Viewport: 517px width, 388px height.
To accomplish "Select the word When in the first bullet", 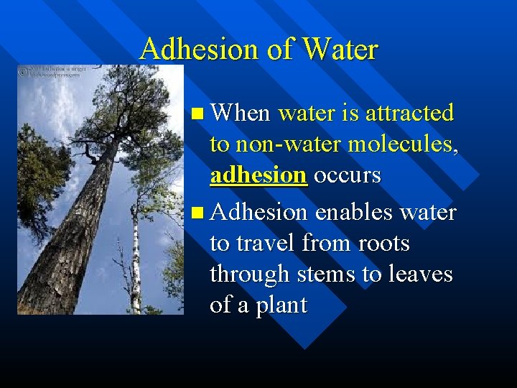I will pyautogui.click(x=241, y=113).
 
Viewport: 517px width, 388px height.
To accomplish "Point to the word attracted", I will pyautogui.click(x=410, y=113).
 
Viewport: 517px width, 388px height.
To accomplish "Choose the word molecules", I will pyautogui.click(x=403, y=144).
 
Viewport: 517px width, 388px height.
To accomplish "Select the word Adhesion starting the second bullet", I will pyautogui.click(x=258, y=212).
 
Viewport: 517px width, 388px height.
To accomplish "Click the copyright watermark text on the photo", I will pyautogui.click(x=54, y=72).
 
